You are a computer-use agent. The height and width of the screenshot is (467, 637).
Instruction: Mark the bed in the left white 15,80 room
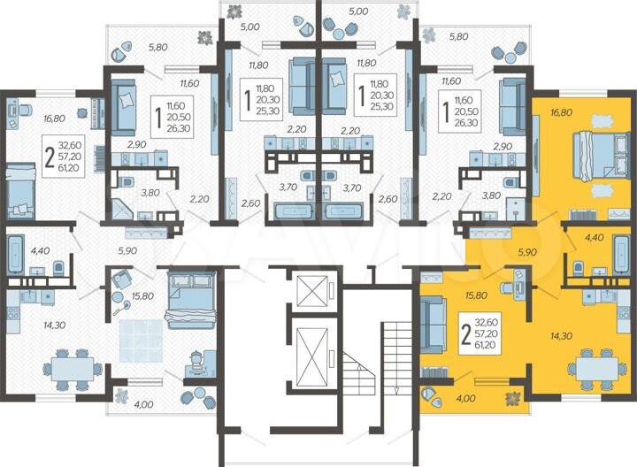point(188,295)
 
